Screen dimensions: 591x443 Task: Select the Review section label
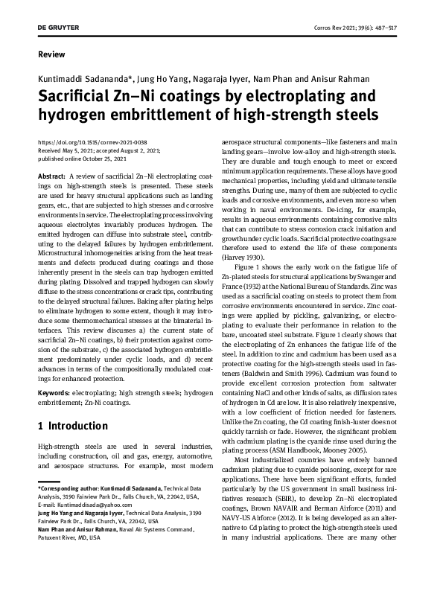coord(51,54)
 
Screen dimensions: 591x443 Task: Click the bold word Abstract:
coord(51,174)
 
